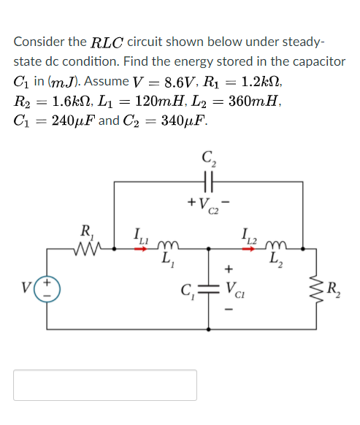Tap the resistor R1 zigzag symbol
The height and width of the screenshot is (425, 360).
click(93, 250)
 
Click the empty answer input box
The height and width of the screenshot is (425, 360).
click(105, 385)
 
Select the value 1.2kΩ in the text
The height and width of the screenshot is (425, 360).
click(318, 81)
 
